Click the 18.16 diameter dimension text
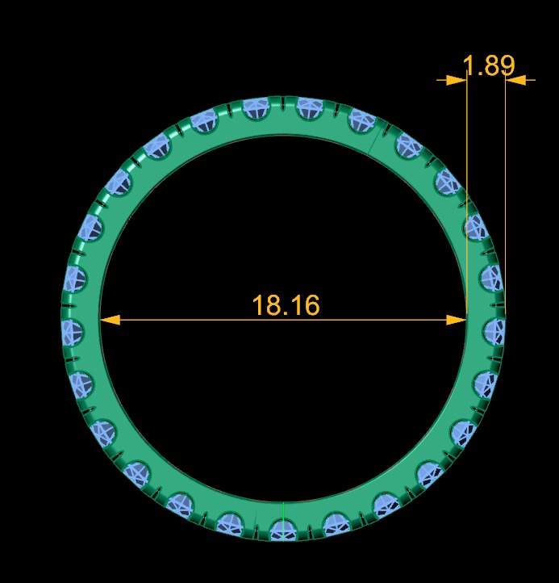pyautogui.click(x=286, y=305)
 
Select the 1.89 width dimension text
pyautogui.click(x=488, y=65)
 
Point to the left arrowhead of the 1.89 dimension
pyautogui.click(x=456, y=80)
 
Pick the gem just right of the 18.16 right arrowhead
pyautogui.click(x=494, y=329)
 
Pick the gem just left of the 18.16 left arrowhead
pyautogui.click(x=73, y=329)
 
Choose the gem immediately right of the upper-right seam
pyautogui.click(x=408, y=146)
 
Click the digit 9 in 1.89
pyautogui.click(x=505, y=65)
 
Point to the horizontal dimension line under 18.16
pyautogui.click(x=202, y=320)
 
